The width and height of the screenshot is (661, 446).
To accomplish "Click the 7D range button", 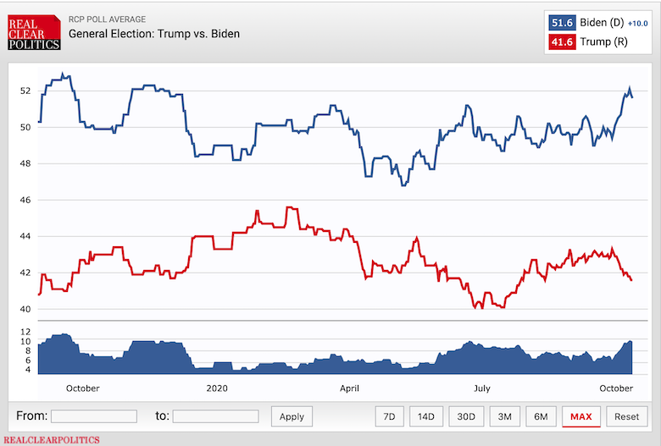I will [389, 416].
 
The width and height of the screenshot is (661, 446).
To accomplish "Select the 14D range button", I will [425, 416].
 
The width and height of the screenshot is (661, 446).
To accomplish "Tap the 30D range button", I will [465, 416].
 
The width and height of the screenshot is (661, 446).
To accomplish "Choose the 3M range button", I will [504, 416].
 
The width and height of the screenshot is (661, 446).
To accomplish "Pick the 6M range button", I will [541, 416].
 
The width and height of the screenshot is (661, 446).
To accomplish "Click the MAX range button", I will [581, 416].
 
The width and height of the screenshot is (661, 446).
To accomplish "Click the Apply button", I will [292, 416].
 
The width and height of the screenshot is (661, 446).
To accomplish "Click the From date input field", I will [94, 416].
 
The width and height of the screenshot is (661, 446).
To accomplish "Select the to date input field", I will [215, 416].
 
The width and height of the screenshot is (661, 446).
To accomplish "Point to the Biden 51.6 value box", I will [563, 22].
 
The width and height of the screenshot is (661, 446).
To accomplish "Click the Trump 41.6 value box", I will [563, 41].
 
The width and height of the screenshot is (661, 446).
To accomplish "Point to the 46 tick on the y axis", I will [25, 200].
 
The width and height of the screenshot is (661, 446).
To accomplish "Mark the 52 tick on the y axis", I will [25, 91].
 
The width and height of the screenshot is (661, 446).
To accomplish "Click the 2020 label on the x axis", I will [219, 388].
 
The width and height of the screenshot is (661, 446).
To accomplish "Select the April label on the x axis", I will [349, 388].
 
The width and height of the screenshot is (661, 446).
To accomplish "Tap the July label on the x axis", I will [481, 388].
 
